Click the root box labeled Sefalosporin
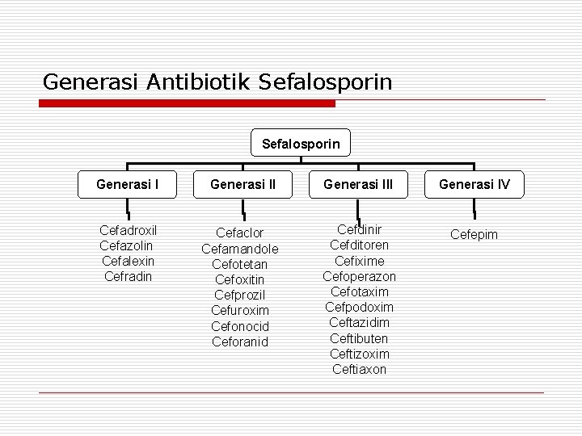(301, 145)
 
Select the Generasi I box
(127, 185)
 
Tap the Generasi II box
(242, 185)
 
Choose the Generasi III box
(358, 185)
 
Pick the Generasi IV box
(474, 185)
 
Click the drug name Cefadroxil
(127, 229)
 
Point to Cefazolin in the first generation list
(126, 245)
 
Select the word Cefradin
(127, 276)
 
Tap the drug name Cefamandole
(239, 249)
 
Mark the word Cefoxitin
(239, 279)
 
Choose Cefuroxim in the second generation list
(239, 311)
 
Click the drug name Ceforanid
(239, 342)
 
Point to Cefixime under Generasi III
(360, 261)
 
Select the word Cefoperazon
(360, 276)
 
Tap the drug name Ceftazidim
(360, 323)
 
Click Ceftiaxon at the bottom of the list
(360, 369)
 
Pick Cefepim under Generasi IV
(474, 234)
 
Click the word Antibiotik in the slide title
(200, 82)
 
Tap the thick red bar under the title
(188, 104)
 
